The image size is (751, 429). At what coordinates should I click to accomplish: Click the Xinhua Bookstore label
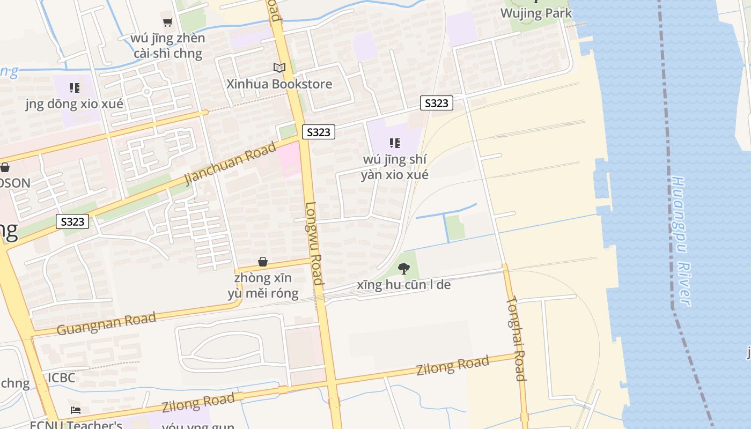(x=279, y=84)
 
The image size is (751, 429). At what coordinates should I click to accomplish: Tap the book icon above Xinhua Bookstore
(x=279, y=68)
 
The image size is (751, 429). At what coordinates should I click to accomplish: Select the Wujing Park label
(x=536, y=13)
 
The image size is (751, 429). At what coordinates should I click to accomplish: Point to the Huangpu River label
(x=680, y=241)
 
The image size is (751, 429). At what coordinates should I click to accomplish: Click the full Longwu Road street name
(x=314, y=243)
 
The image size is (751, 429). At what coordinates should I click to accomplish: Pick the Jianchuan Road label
(x=231, y=163)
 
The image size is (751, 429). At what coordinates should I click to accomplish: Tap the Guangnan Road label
(x=106, y=323)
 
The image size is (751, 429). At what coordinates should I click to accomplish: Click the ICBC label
(x=61, y=378)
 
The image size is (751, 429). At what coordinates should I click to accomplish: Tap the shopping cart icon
(x=168, y=22)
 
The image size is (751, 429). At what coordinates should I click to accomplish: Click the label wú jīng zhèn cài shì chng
(x=168, y=46)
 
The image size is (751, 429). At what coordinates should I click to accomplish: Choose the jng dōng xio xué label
(x=75, y=104)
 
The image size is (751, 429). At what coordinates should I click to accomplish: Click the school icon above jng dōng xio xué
(x=75, y=87)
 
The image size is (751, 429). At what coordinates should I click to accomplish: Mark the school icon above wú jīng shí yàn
(x=395, y=143)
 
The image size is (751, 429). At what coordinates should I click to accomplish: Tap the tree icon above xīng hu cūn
(x=404, y=268)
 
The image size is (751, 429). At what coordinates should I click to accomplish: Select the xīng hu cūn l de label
(x=404, y=285)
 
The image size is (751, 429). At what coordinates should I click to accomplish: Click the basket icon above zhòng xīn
(x=263, y=262)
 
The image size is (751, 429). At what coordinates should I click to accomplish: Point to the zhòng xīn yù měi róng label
(x=263, y=286)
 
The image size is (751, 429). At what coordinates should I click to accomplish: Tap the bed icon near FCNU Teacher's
(x=76, y=410)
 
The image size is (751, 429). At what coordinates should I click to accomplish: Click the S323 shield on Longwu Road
(x=319, y=132)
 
